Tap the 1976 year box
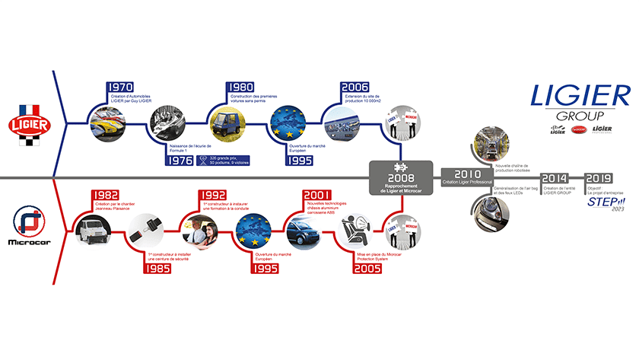pyautogui.click(x=179, y=160)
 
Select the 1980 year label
pyautogui.click(x=242, y=88)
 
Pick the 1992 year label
pyautogui.click(x=211, y=195)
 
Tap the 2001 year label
pyautogui.click(x=317, y=195)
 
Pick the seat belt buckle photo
pyautogui.click(x=142, y=227)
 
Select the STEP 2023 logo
pyautogui.click(x=604, y=205)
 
